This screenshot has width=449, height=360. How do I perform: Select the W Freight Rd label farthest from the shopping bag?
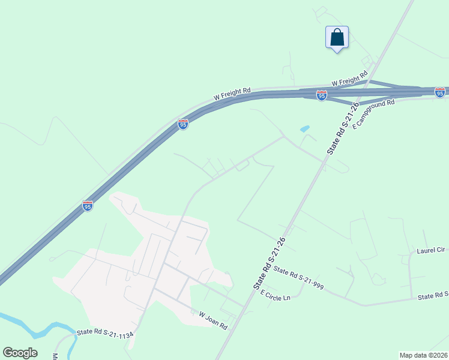[232, 94]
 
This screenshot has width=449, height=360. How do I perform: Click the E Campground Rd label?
[373, 115]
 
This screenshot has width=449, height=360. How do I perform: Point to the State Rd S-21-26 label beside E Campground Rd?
[343, 128]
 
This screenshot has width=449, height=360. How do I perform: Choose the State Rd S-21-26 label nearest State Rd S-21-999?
[268, 264]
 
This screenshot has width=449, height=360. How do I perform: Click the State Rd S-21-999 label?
[298, 278]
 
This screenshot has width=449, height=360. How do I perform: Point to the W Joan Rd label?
[213, 320]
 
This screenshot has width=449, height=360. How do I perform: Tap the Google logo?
[20, 353]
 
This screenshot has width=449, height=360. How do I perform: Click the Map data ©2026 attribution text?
[424, 355]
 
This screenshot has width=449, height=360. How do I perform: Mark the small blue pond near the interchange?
[304, 128]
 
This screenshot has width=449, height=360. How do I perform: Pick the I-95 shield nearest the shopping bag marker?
[322, 95]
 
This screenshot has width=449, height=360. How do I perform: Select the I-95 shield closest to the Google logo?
[88, 206]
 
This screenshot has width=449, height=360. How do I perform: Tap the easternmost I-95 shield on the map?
[440, 92]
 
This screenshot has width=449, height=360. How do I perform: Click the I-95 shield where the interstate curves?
[183, 124]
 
